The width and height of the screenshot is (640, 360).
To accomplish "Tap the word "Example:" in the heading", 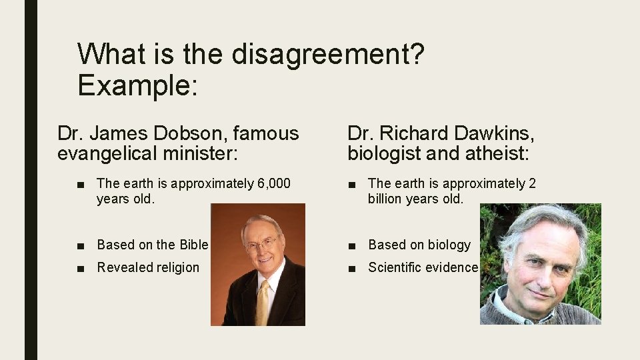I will click(x=137, y=85).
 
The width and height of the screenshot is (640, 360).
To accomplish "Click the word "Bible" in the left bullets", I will click(x=190, y=245).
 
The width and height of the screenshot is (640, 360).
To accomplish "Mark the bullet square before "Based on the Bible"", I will click(x=81, y=245).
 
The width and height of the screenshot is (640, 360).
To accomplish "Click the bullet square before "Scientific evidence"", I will click(x=352, y=268).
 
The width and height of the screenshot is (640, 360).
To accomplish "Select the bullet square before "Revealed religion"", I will click(x=81, y=268).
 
